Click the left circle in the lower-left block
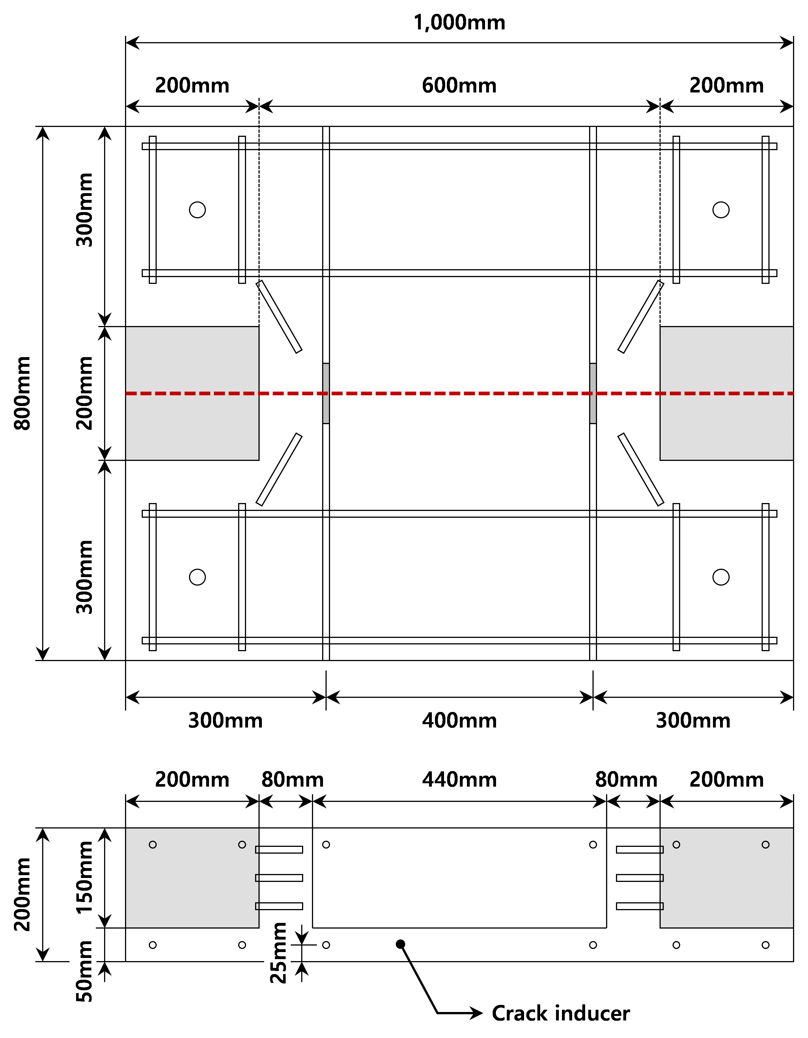152,845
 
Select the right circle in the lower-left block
242,845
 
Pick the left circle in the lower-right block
676,845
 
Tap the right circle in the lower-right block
765,845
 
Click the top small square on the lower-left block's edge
257,850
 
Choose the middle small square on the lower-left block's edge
257,878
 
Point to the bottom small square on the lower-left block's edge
257,906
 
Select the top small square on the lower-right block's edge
662,850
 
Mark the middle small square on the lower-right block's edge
662,878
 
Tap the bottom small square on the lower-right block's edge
662,906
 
